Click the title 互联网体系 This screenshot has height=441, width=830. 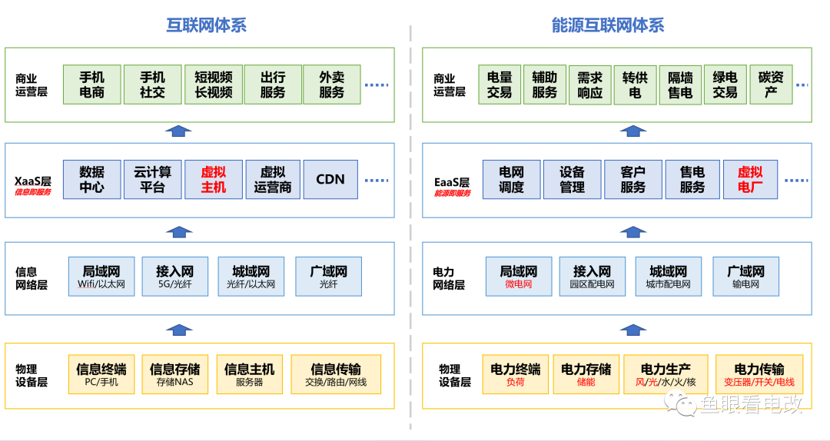point(207,25)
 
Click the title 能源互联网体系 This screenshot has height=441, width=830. point(608,25)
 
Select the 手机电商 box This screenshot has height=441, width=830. point(92,85)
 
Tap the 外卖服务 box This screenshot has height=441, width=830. point(332,85)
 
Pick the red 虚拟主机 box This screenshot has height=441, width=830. point(214,180)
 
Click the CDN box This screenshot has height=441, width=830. point(330,180)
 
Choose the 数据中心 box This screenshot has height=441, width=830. point(92,180)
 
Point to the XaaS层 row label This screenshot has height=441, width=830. point(33,182)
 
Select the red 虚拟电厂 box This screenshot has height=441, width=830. point(750,180)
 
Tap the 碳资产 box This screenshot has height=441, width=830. point(771,85)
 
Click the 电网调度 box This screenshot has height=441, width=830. point(512,180)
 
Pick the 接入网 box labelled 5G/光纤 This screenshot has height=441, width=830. point(175,277)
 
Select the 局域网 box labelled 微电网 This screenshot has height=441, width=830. point(519,277)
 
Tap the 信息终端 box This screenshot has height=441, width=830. point(101,374)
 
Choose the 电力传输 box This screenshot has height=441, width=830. point(759,374)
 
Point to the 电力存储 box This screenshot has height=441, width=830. point(586,374)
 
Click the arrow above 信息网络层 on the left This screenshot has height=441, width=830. point(178,231)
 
